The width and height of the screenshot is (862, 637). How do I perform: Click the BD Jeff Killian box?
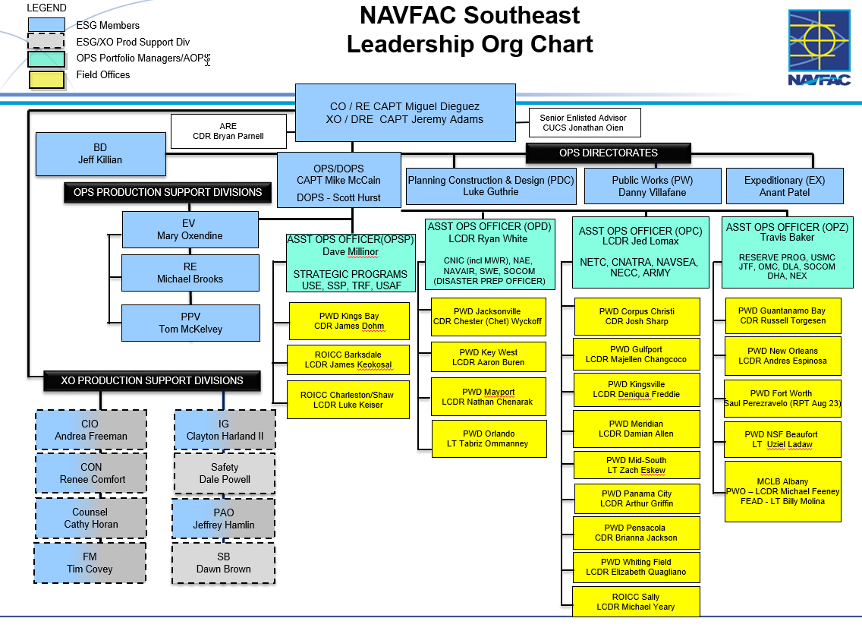[x=100, y=153]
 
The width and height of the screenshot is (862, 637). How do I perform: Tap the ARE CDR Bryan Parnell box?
[x=228, y=131]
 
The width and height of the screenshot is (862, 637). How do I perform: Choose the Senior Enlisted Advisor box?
[x=584, y=123]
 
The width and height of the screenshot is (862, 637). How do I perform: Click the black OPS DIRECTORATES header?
[x=609, y=153]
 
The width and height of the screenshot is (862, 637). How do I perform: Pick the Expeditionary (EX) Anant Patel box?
[x=784, y=186]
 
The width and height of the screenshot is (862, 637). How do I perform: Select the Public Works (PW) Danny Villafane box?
[x=652, y=186]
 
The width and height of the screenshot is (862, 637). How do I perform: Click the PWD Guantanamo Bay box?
[x=782, y=316]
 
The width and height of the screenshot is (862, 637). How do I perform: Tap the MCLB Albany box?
[x=782, y=491]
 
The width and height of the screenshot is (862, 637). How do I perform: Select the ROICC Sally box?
[x=635, y=602]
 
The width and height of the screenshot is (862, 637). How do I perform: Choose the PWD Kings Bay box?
[x=349, y=321]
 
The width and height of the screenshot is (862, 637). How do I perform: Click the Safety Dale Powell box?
[x=225, y=474]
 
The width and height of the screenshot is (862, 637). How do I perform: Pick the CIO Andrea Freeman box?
[x=90, y=430]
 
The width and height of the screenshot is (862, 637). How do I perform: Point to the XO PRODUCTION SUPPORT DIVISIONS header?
[x=152, y=380]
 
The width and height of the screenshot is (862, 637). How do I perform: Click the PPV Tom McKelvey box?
[x=190, y=323]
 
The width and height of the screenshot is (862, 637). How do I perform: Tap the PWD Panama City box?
[x=636, y=498]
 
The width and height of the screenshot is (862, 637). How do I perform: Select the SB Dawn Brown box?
[x=224, y=563]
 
